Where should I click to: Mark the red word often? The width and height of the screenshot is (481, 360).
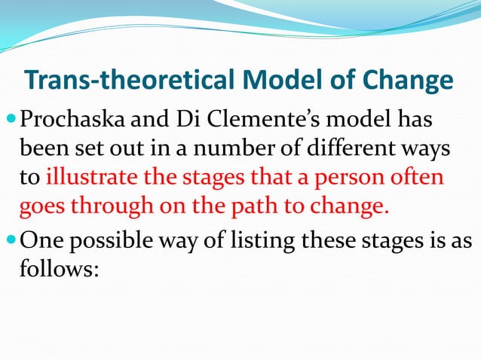click(x=423, y=180)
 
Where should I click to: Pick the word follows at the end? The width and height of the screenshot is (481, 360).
click(x=55, y=269)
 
